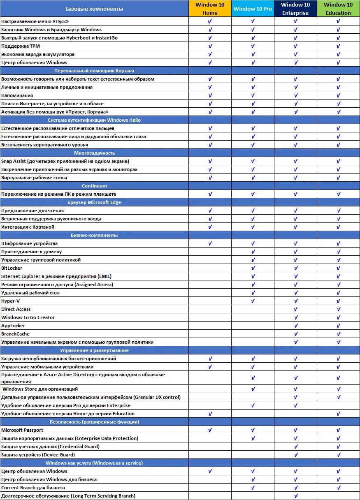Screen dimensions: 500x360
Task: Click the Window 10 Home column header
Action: [x=210, y=9]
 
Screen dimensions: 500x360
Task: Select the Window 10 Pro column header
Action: [x=253, y=9]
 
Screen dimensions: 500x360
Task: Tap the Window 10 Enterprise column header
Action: [x=295, y=9]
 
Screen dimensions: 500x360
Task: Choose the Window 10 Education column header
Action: [x=338, y=9]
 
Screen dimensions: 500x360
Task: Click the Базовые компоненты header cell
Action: [x=94, y=9]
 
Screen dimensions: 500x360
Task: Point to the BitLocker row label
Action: [x=12, y=268]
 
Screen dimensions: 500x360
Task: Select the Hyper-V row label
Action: [x=10, y=301]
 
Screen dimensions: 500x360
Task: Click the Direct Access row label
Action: [x=16, y=309]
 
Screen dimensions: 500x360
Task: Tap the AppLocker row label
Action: [x=13, y=326]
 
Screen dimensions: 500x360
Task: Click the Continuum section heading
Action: [x=94, y=186]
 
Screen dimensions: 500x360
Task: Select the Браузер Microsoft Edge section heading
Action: [x=94, y=202]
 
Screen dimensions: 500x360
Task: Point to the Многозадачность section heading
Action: [x=94, y=153]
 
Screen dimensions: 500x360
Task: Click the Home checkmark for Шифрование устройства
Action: [x=210, y=243]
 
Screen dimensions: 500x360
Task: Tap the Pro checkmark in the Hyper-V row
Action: [x=253, y=301]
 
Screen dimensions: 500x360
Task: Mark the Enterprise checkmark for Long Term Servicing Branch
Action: [x=295, y=496]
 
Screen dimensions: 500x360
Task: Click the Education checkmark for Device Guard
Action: [x=338, y=455]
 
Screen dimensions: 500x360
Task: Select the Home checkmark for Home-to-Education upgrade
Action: [x=210, y=414]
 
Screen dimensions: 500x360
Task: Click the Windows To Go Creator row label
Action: [x=28, y=317]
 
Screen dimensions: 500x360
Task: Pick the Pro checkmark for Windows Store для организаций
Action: [x=253, y=389]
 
